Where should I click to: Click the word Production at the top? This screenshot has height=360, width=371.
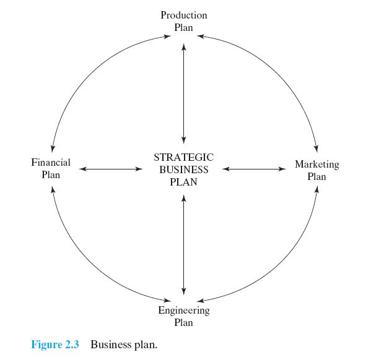[x=184, y=15]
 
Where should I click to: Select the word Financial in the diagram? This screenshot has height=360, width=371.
[x=51, y=163]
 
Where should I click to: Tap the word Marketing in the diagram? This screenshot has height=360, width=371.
[x=317, y=165]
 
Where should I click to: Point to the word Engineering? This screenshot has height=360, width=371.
[x=184, y=311]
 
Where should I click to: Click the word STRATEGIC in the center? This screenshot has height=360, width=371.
[x=184, y=158]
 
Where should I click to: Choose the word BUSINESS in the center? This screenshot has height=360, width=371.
[x=184, y=169]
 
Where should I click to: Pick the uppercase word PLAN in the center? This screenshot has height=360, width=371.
[x=183, y=182]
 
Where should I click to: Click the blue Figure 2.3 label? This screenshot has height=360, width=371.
[x=55, y=344]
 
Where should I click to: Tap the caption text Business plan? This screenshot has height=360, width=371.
[x=124, y=345]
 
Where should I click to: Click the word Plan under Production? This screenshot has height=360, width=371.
[x=183, y=28]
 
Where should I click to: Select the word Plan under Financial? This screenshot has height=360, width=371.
[x=51, y=175]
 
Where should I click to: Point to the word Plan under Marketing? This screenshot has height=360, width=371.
[x=317, y=176]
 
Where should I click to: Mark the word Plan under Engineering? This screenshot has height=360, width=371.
[x=183, y=323]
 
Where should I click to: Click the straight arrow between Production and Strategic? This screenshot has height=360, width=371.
[x=184, y=94]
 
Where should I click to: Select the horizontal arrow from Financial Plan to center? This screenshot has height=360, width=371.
[x=111, y=169]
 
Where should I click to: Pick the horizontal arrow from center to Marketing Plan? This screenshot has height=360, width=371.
[x=254, y=169]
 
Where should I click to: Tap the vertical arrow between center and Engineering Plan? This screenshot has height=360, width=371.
[x=184, y=245]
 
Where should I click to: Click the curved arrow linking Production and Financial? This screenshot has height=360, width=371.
[x=90, y=75]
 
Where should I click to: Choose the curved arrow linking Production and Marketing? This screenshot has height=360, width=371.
[x=278, y=74]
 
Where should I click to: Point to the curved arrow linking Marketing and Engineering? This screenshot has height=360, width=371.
[x=278, y=263]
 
